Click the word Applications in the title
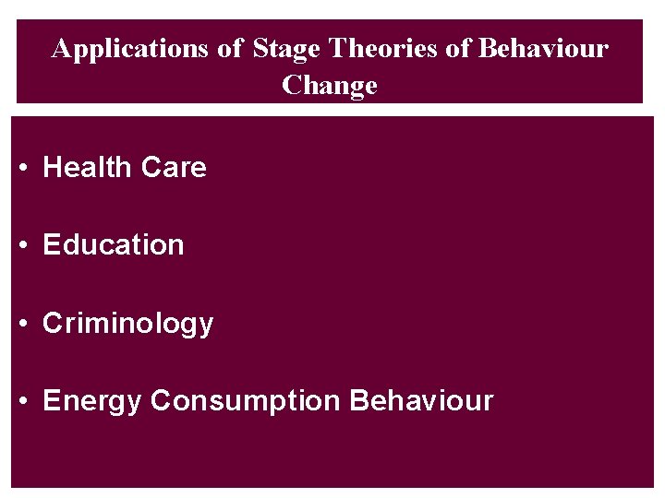pos(131,49)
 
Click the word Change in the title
pos(330,86)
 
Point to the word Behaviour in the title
pos(543,49)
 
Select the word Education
pos(114,245)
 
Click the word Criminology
pos(128,324)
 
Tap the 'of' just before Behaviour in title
pos(458,49)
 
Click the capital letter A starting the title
pos(62,49)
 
